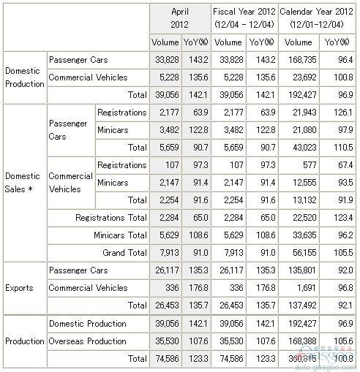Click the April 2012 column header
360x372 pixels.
pyautogui.click(x=180, y=18)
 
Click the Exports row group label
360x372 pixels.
pyautogui.click(x=19, y=288)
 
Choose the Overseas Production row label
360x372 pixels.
pyautogui.click(x=87, y=341)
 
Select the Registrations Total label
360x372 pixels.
pyautogui.click(x=111, y=217)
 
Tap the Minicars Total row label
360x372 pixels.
pyautogui.click(x=120, y=235)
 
